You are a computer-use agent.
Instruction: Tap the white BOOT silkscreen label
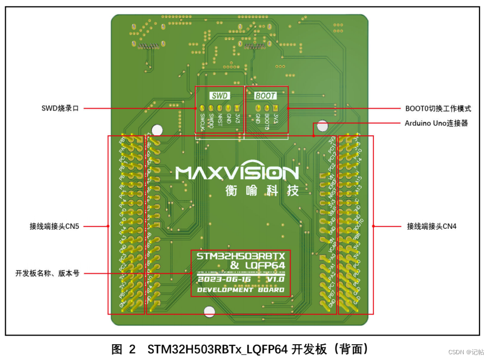265,96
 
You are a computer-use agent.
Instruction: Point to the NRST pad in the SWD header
220,109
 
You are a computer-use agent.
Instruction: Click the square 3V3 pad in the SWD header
237,109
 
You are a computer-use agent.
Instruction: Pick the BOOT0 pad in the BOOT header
266,109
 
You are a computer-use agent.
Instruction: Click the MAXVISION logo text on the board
237,173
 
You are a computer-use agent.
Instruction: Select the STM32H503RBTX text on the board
240,257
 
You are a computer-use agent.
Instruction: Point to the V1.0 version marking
275,280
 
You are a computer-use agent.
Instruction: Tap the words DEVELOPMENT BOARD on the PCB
240,290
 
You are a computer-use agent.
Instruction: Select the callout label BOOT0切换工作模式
438,109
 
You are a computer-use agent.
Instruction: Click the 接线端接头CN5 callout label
54,227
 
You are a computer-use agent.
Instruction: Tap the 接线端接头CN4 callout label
432,227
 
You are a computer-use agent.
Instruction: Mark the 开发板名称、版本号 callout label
47,273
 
